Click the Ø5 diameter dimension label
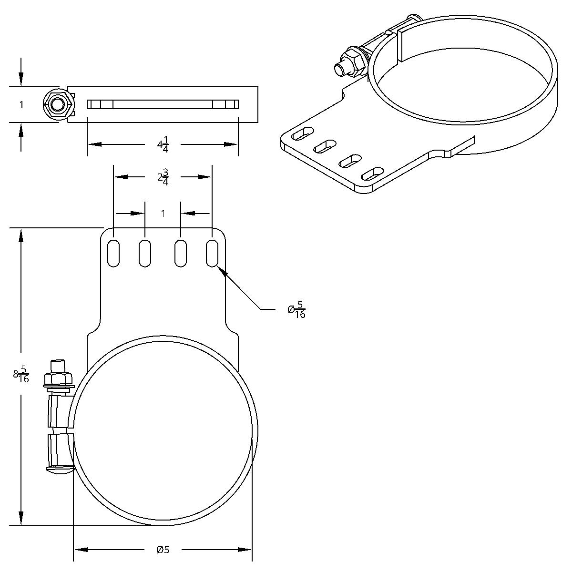(163, 550)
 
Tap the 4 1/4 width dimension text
(163, 144)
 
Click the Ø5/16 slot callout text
(296, 309)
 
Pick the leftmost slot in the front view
(113, 253)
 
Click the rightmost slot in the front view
(213, 253)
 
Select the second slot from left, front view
(145, 253)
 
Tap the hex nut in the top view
(58, 105)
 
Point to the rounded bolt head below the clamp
(60, 470)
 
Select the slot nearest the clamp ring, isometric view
(372, 174)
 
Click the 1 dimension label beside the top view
(21, 105)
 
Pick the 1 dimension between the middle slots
(163, 214)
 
